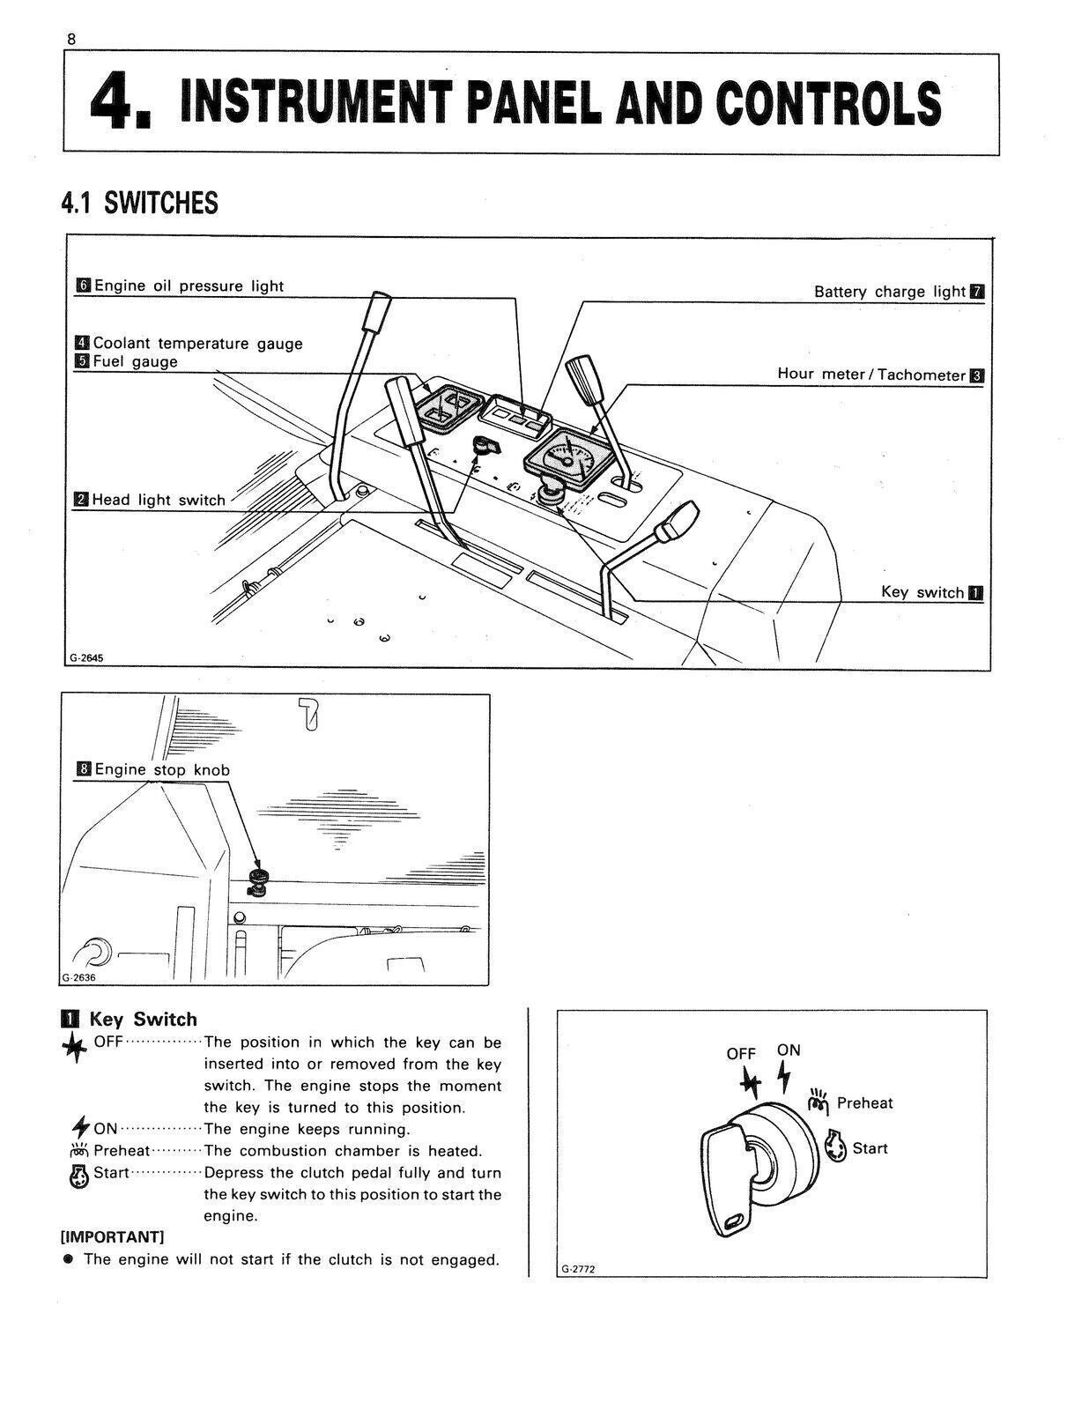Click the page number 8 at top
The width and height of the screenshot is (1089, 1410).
click(70, 40)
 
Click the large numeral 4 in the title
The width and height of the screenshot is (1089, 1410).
click(116, 103)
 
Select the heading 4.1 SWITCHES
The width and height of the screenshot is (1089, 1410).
click(139, 204)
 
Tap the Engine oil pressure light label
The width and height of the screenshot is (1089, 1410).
click(188, 286)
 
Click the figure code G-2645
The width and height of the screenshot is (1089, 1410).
click(86, 657)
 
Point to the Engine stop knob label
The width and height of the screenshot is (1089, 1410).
click(161, 769)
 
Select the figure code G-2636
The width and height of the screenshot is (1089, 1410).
click(78, 977)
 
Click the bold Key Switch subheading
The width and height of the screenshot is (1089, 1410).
click(142, 1020)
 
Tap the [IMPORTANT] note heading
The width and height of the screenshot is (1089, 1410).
click(112, 1237)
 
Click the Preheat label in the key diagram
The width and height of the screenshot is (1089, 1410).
click(863, 1103)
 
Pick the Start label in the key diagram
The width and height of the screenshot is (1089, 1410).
click(869, 1148)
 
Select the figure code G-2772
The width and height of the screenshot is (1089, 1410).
click(579, 1269)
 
